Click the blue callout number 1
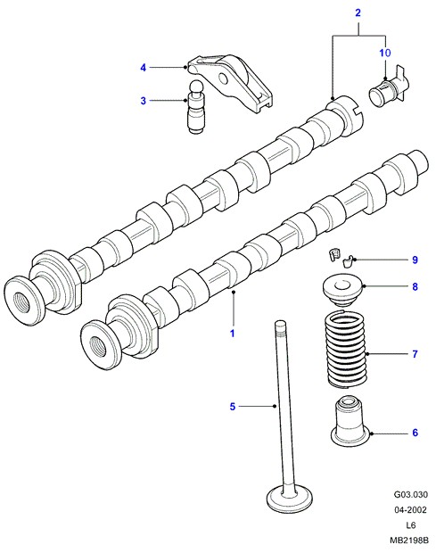click(233, 334)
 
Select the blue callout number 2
click(358, 13)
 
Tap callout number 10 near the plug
click(385, 53)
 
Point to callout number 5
click(233, 407)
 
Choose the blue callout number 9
click(415, 260)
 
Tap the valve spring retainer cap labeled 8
click(343, 292)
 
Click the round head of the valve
click(290, 499)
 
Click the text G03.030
click(411, 494)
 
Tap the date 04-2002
click(411, 510)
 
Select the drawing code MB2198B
click(409, 541)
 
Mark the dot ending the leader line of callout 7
click(367, 354)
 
